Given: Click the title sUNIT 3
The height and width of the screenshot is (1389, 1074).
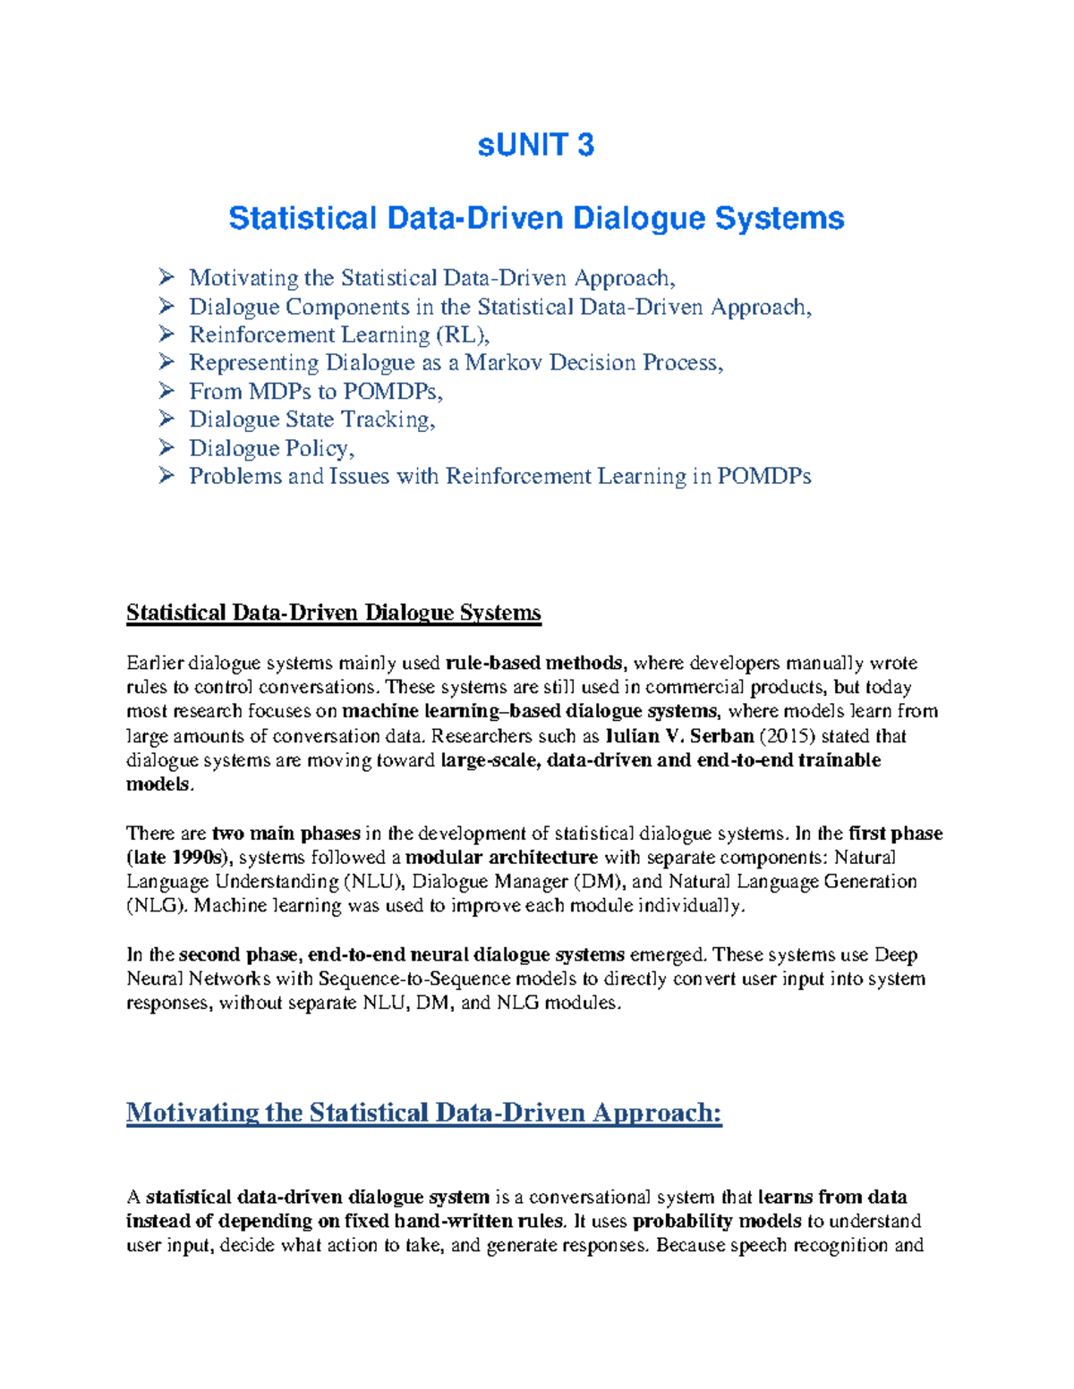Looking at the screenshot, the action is (x=535, y=145).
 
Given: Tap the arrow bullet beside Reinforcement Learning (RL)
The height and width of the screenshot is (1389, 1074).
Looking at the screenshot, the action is (x=166, y=334).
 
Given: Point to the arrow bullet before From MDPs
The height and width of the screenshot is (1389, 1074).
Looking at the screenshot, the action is (x=166, y=391).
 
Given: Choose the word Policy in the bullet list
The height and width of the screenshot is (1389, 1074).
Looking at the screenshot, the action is (x=318, y=448).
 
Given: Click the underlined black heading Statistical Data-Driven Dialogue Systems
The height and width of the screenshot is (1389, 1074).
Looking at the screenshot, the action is (x=333, y=613).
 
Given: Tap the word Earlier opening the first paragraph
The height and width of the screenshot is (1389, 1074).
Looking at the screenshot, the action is (x=155, y=663).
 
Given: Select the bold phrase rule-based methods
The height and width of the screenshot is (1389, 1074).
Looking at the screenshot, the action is (x=533, y=663).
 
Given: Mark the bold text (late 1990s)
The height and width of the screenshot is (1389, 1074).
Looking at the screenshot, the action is (x=178, y=858).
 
